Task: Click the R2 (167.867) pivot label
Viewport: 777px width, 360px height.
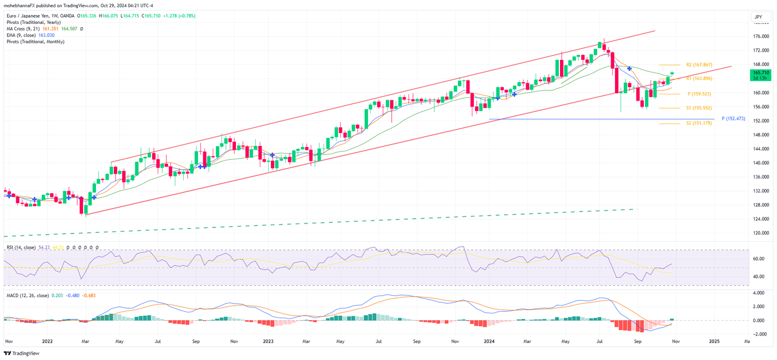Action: [699, 65]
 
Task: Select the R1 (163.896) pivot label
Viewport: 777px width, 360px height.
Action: [699, 79]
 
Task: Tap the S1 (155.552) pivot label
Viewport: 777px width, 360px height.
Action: [699, 108]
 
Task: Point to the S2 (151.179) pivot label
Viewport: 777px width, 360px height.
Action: [699, 123]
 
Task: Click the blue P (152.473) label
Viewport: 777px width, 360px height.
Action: [733, 119]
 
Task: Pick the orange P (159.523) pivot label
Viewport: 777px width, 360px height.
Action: [699, 94]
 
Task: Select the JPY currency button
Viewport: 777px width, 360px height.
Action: [758, 17]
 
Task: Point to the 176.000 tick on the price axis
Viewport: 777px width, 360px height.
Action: [760, 37]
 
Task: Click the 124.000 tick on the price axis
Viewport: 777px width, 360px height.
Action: [760, 219]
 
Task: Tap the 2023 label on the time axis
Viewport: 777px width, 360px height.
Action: [269, 342]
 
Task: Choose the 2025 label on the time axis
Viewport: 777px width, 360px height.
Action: [714, 342]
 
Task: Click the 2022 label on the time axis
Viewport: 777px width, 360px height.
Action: [47, 342]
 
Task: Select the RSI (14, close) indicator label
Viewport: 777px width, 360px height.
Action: [21, 247]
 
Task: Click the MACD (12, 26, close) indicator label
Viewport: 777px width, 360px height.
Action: [27, 296]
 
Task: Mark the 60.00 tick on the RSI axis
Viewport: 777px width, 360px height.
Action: [758, 259]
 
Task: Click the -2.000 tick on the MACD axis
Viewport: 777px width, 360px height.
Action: [758, 334]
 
